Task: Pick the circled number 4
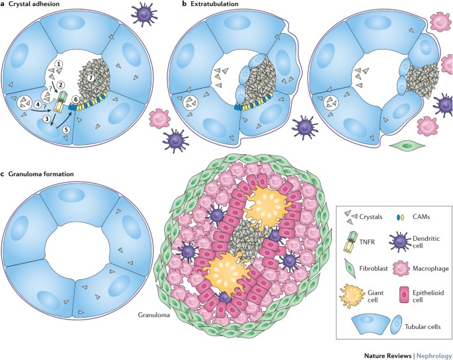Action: (x=38, y=104)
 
